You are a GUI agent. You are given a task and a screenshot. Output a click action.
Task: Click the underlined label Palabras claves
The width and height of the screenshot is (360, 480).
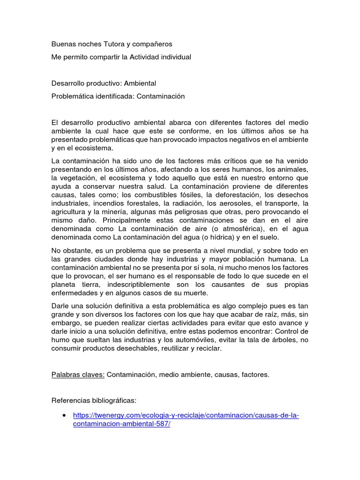point(78,375)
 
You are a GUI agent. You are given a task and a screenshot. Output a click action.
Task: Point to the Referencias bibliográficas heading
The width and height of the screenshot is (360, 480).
point(94,401)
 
